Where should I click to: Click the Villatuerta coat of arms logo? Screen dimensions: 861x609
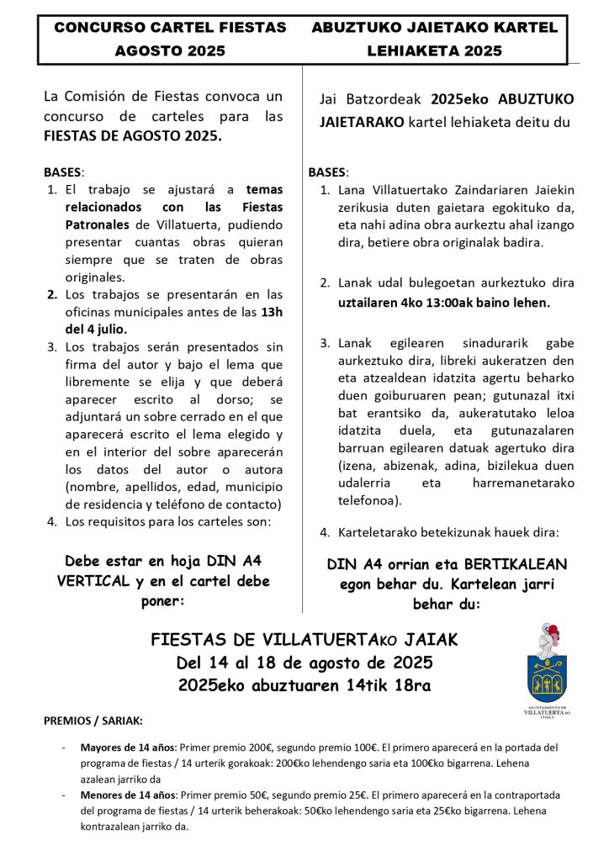click(x=547, y=666)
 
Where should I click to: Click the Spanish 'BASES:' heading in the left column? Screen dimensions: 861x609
click(x=63, y=172)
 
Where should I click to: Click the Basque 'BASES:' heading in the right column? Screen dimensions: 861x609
click(x=328, y=172)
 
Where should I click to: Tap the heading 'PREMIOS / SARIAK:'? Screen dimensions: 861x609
click(x=93, y=721)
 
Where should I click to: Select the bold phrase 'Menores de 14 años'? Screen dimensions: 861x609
click(x=129, y=795)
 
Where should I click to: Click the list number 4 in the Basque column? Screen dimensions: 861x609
click(x=325, y=533)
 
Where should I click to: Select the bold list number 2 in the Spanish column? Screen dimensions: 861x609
click(x=51, y=295)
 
